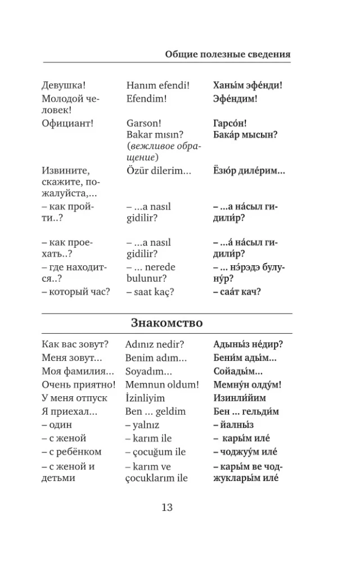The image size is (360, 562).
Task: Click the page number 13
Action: coord(167,507)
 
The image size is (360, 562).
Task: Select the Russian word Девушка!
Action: coord(64,85)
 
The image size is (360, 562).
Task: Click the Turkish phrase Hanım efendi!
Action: coord(158,85)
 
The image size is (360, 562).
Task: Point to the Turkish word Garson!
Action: coord(144,123)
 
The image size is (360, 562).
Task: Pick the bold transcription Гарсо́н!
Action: coord(230,123)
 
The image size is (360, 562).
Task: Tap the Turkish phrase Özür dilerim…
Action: coord(159,171)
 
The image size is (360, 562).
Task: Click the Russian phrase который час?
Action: coord(76,291)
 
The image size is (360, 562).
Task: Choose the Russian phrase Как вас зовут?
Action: coord(75,344)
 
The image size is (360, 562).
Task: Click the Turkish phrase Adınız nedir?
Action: coord(155,344)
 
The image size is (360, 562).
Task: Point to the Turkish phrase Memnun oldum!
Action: coord(161,384)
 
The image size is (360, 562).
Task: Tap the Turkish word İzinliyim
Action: coord(145,398)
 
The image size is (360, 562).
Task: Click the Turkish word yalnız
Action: coord(145,425)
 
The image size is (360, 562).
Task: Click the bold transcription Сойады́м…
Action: coord(238,371)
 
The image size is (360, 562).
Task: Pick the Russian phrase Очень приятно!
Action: coord(78,384)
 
